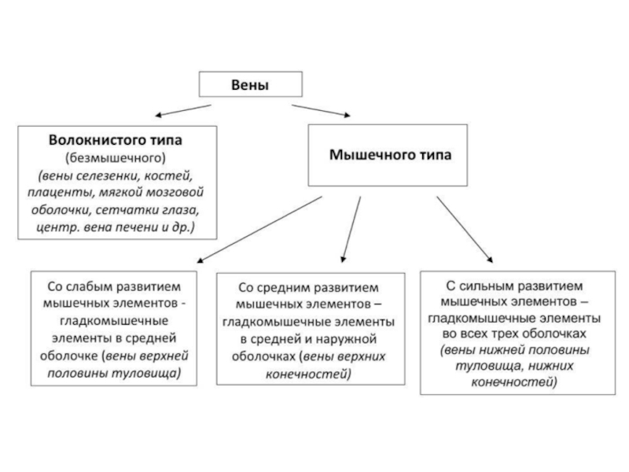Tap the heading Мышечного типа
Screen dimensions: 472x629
[x=389, y=155]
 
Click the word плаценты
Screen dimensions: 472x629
[x=65, y=191]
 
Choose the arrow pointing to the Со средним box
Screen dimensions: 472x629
[x=351, y=228]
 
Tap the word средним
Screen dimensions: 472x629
[x=280, y=288]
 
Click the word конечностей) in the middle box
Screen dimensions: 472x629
[x=309, y=374]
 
